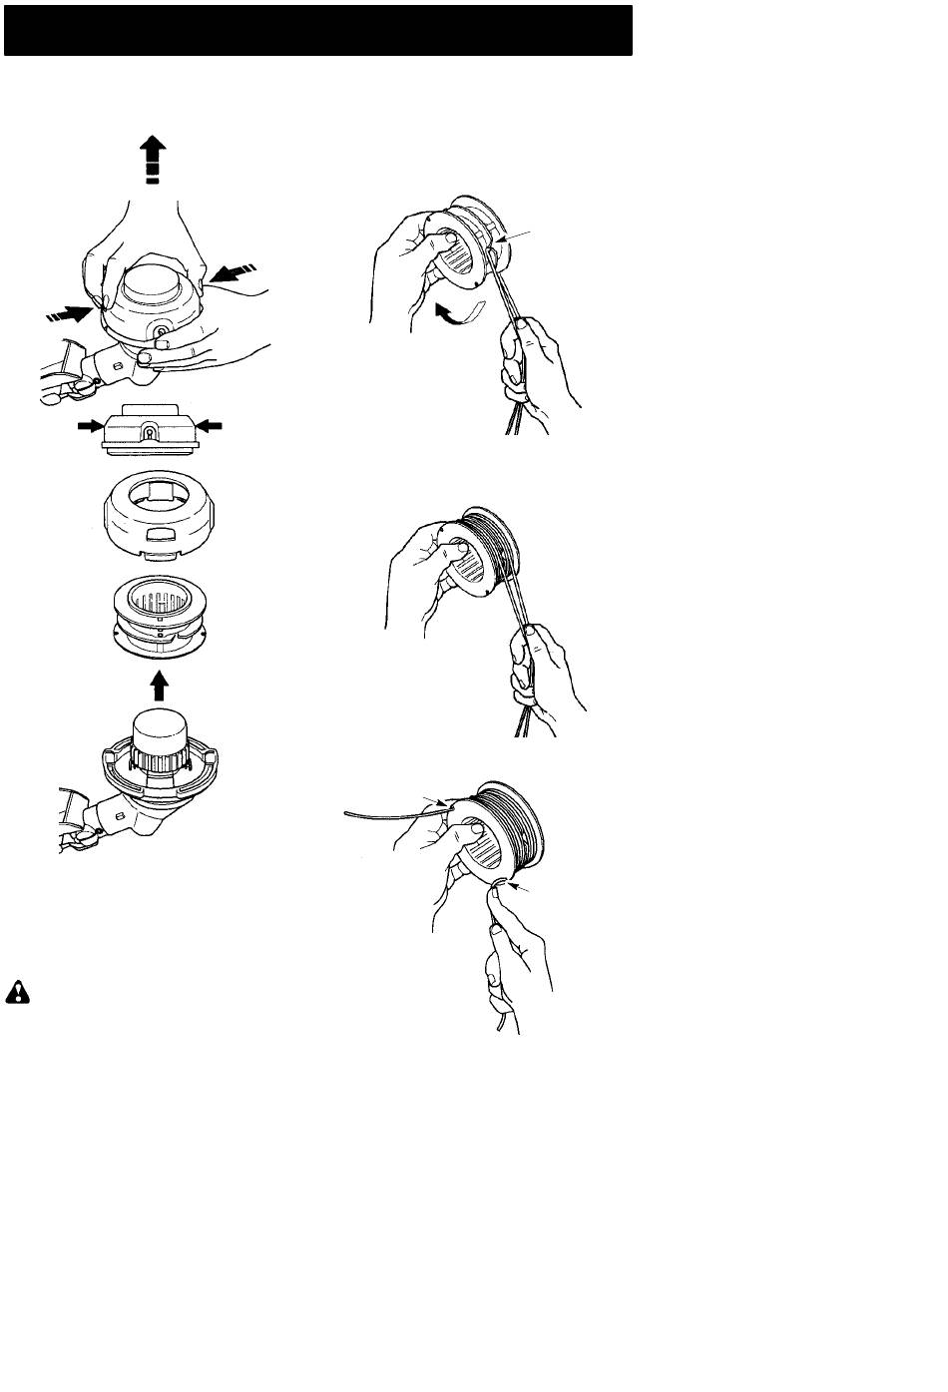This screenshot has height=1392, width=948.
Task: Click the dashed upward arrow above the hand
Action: [x=152, y=162]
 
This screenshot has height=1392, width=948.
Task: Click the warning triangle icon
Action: [x=18, y=991]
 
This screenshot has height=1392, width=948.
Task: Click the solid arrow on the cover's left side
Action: [x=91, y=426]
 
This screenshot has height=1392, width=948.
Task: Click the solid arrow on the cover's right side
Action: [x=211, y=426]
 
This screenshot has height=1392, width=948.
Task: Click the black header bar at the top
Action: [x=318, y=30]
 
